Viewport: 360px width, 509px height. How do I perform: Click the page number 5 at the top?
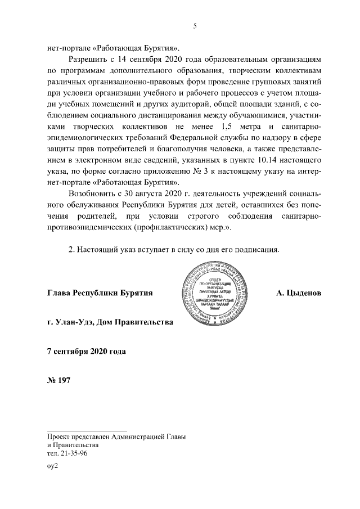pyautogui.click(x=194, y=26)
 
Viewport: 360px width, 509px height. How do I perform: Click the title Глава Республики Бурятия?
pyautogui.click(x=100, y=294)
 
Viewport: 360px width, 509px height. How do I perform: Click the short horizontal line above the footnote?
pyautogui.click(x=87, y=429)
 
